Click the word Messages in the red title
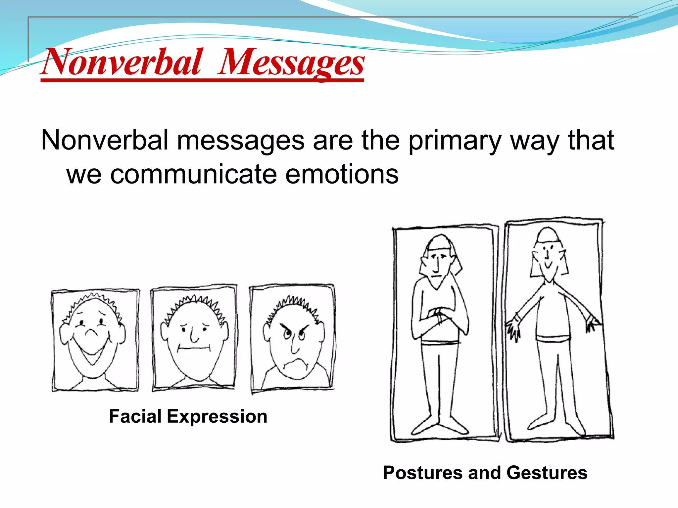pyautogui.click(x=291, y=63)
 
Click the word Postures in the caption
pyautogui.click(x=422, y=473)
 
